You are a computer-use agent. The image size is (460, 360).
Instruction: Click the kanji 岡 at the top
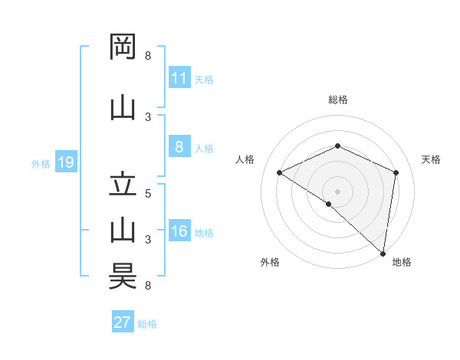click(x=123, y=47)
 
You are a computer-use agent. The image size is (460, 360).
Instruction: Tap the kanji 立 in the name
click(x=123, y=185)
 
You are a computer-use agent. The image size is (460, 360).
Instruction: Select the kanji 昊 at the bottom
click(x=123, y=277)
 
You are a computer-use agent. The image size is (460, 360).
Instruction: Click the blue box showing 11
click(x=179, y=78)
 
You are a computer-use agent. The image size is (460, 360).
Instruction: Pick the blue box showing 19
click(x=65, y=162)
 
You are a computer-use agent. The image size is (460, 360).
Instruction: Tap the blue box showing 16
click(x=179, y=231)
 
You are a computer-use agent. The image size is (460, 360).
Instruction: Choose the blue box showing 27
click(x=123, y=322)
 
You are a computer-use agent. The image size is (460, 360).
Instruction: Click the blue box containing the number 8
click(x=179, y=148)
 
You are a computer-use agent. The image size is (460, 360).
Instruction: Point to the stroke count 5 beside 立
click(x=148, y=193)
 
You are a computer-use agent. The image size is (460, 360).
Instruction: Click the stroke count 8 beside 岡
click(x=148, y=56)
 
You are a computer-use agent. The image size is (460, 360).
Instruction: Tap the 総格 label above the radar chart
click(x=338, y=100)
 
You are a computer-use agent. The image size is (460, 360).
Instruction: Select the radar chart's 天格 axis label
click(x=431, y=159)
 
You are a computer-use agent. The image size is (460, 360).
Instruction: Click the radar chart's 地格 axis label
click(x=402, y=262)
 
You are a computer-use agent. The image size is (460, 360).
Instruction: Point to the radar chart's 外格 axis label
click(x=270, y=262)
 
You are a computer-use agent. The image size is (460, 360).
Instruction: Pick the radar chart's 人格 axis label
click(x=245, y=159)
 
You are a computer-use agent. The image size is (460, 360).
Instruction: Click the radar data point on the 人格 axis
click(x=280, y=172)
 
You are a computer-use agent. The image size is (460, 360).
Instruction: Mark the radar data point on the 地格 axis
click(x=383, y=254)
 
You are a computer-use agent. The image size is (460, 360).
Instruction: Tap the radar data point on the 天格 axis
click(x=396, y=172)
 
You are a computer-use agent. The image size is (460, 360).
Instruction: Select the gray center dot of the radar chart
click(x=338, y=191)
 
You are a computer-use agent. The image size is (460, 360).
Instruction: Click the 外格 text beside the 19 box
click(x=41, y=163)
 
